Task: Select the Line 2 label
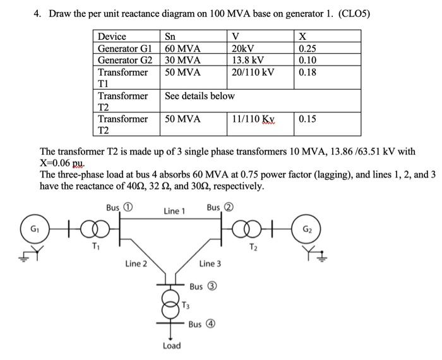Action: (x=136, y=263)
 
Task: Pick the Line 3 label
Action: (x=210, y=263)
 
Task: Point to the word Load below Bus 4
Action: (x=171, y=345)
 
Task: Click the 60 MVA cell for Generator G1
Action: (x=182, y=49)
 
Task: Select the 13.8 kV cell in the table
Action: (x=248, y=61)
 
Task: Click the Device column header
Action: (x=112, y=37)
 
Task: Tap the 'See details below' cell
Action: (x=200, y=96)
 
